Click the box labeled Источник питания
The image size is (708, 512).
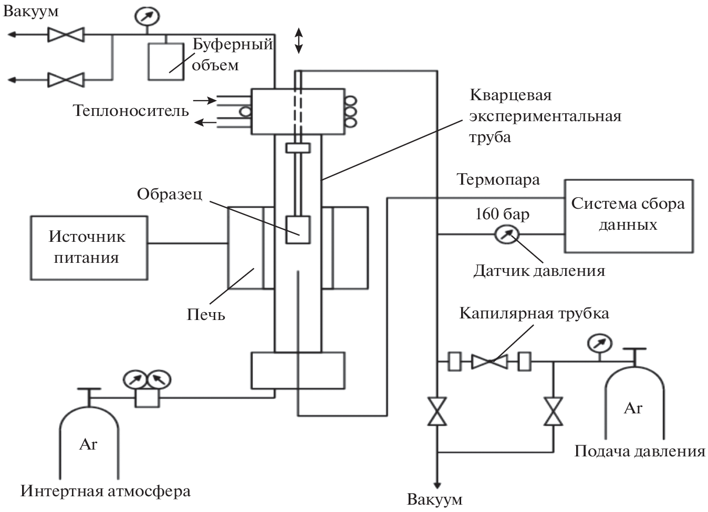(89, 248)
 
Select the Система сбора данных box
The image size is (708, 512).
(628, 216)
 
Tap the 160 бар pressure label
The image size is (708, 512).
(502, 214)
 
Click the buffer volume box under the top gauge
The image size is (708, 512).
(166, 61)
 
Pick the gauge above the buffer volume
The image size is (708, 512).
(147, 16)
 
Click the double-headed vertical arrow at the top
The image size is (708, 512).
(298, 41)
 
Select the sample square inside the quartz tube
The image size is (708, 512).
(298, 230)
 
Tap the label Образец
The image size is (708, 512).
(169, 194)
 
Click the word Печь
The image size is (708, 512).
(206, 315)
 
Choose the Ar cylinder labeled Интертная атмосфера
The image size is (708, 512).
(88, 441)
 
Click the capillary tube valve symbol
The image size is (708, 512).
(489, 361)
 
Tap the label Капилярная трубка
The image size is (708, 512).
(534, 314)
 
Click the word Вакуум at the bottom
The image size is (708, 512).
(435, 499)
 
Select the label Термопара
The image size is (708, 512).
(498, 180)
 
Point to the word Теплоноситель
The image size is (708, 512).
(131, 111)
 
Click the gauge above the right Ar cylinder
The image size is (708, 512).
(600, 344)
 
